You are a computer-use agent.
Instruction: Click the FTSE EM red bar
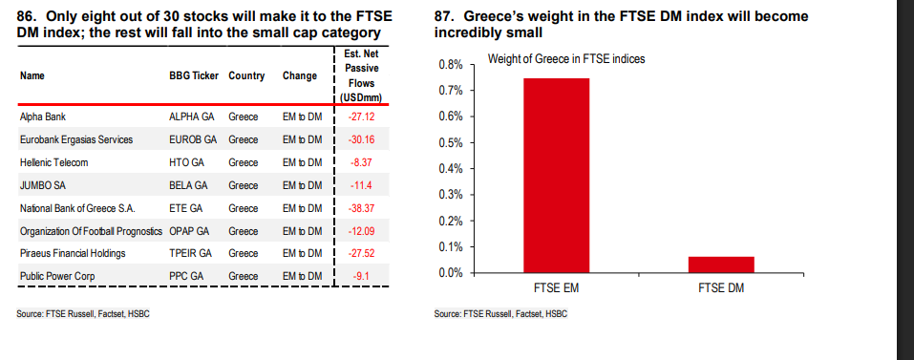click(x=555, y=176)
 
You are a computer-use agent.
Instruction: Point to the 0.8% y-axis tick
click(x=450, y=65)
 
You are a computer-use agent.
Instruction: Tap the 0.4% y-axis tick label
click(x=450, y=169)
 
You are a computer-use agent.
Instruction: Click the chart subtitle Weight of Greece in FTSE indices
click(x=565, y=59)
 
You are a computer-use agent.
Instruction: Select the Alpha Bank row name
click(x=42, y=116)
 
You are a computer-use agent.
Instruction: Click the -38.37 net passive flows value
click(x=363, y=208)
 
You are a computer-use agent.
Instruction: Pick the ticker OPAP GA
click(x=191, y=231)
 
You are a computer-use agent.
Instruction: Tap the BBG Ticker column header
click(x=193, y=75)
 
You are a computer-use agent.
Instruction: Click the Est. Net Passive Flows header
click(x=363, y=75)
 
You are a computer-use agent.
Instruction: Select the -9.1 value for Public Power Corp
click(x=363, y=277)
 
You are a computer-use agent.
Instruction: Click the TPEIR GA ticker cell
click(x=192, y=254)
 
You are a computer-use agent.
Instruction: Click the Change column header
click(x=299, y=75)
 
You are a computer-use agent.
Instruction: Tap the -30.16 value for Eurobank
click(x=363, y=139)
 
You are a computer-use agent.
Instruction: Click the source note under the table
click(x=83, y=314)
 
